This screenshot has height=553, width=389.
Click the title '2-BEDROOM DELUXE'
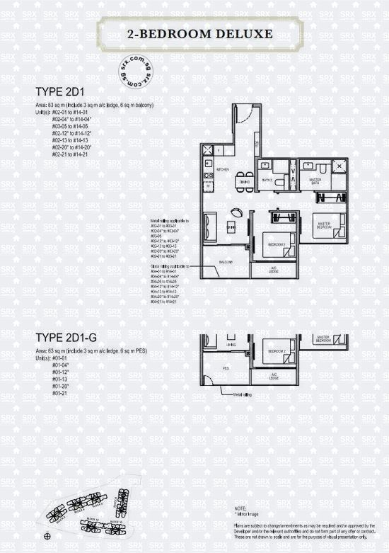194,33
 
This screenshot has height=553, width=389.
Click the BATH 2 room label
267,180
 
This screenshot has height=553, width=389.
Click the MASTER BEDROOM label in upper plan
323,224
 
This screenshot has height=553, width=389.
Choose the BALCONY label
226,261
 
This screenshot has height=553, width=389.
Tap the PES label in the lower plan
226,367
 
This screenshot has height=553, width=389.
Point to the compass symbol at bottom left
47,536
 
